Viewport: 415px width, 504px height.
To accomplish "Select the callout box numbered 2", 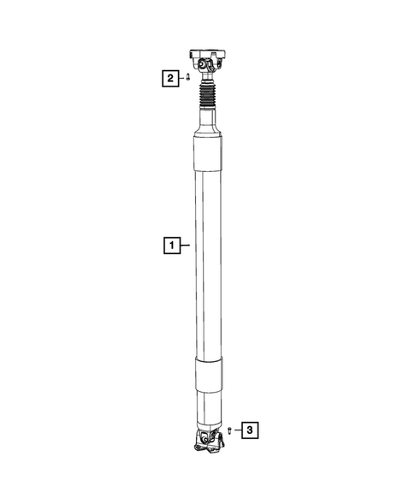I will click(x=171, y=78).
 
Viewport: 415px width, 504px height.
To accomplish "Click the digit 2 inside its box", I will click(x=171, y=78).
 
